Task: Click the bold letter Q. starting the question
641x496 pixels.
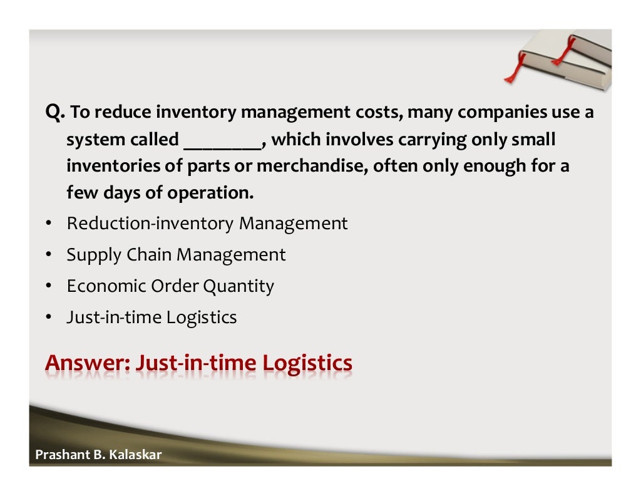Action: [54, 113]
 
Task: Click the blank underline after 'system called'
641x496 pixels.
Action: [223, 142]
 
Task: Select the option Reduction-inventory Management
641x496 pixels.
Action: [207, 224]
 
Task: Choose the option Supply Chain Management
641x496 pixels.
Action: [176, 255]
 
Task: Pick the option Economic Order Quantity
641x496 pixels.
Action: [170, 286]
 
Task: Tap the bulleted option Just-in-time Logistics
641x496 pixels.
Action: [151, 318]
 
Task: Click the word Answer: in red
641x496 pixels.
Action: [87, 363]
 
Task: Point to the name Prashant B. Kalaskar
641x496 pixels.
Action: [98, 455]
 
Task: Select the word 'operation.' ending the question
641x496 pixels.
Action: [210, 194]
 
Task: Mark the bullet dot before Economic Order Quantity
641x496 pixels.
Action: [48, 287]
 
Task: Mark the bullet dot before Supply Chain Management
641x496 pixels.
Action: [48, 256]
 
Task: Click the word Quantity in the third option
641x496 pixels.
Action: [241, 286]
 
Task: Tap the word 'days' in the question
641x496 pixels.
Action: [120, 194]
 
